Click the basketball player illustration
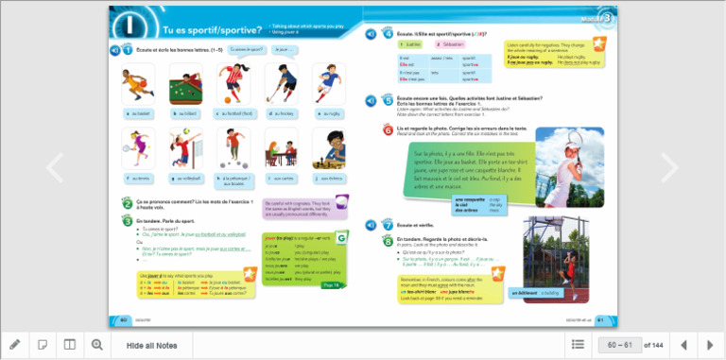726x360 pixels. point(138,84)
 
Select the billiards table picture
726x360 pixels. point(185,84)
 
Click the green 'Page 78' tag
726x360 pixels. point(330,283)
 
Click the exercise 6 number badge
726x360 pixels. point(388,130)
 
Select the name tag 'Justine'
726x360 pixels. point(413,44)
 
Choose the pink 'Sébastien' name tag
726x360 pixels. point(453,44)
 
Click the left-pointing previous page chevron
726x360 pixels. point(55,168)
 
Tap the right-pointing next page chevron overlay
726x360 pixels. point(669,168)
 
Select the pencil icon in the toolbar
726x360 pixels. point(15,345)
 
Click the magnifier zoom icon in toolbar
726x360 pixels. point(96,345)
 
